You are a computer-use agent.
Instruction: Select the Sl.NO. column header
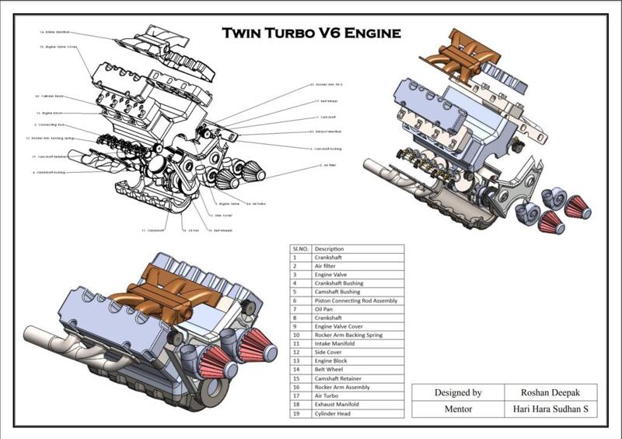(x=300, y=249)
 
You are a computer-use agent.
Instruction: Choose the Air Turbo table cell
(x=328, y=395)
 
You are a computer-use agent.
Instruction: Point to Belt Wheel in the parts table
(x=331, y=369)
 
